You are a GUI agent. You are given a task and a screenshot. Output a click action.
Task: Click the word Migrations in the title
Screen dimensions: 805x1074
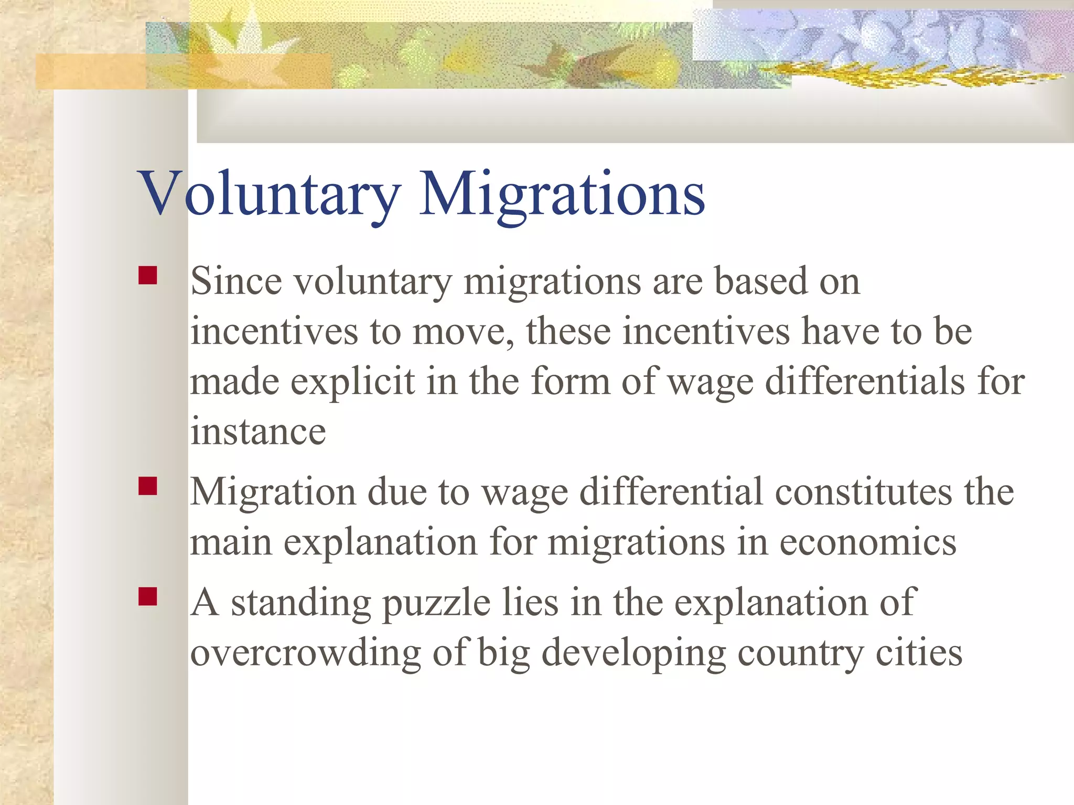coord(562,194)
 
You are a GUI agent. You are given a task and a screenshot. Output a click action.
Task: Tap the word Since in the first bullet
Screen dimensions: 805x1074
coord(236,281)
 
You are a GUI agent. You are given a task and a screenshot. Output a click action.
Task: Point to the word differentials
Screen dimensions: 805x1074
coord(865,382)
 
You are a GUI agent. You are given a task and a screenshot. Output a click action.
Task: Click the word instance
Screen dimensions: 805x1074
coord(258,432)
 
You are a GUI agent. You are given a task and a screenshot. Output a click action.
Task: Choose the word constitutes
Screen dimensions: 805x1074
coord(863,492)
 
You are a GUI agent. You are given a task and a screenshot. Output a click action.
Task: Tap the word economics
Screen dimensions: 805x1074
coord(868,542)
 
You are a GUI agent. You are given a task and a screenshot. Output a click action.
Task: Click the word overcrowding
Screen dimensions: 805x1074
coord(305,654)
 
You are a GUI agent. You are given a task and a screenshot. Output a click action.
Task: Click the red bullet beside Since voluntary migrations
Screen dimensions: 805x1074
coord(148,276)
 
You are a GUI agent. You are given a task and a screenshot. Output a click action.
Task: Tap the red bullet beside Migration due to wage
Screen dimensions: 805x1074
coord(148,486)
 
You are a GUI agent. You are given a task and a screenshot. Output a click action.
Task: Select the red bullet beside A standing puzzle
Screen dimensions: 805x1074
coord(148,596)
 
